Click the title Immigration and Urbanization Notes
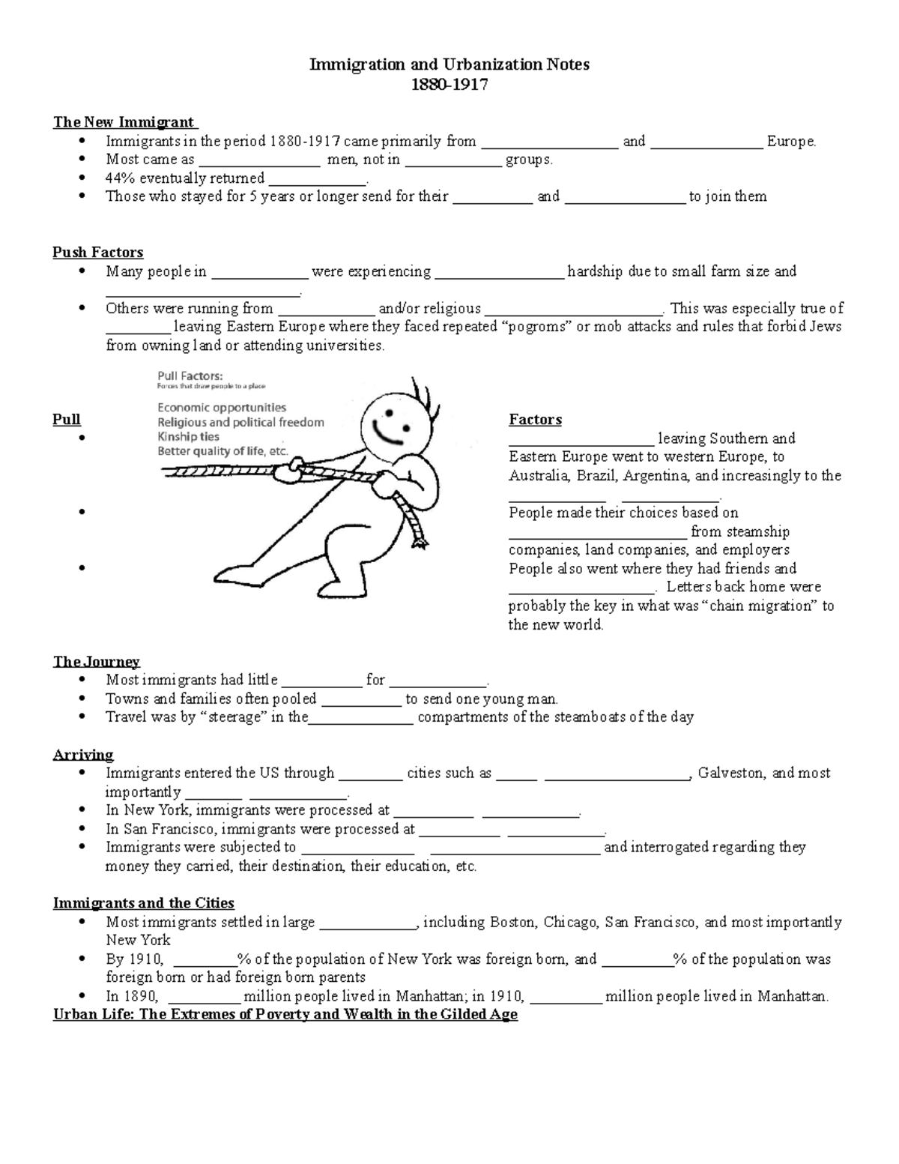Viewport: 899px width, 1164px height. click(449, 64)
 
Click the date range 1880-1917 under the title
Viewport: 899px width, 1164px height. click(449, 84)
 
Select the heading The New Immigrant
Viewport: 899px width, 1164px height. click(124, 122)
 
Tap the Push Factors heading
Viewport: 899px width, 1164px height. click(97, 253)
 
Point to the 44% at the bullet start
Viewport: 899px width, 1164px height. click(121, 178)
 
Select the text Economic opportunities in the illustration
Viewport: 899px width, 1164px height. click(221, 408)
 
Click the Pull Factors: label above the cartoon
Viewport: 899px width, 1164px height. click(190, 376)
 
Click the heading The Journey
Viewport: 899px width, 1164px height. click(96, 662)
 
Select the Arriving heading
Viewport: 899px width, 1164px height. click(83, 755)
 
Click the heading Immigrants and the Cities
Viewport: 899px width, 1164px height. click(143, 903)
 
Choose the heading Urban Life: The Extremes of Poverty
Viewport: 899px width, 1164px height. click(285, 1015)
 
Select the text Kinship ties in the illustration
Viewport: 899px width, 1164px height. click(188, 437)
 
